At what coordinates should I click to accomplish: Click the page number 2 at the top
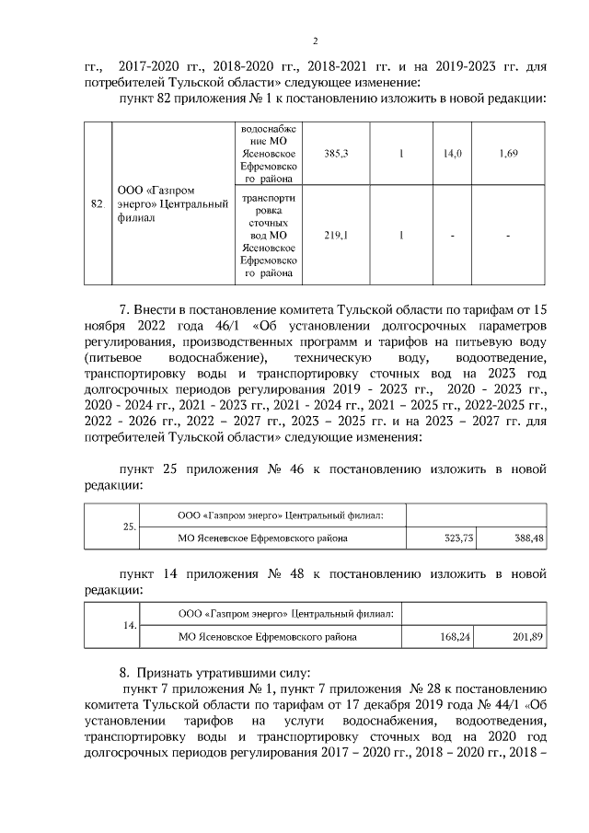click(x=315, y=40)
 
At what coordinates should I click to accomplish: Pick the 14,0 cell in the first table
click(x=452, y=154)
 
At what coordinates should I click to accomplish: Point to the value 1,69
click(x=508, y=154)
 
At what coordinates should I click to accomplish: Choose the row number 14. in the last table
click(x=130, y=625)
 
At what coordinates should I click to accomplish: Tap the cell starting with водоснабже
click(x=268, y=155)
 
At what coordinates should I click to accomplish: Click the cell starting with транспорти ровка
click(x=268, y=235)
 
